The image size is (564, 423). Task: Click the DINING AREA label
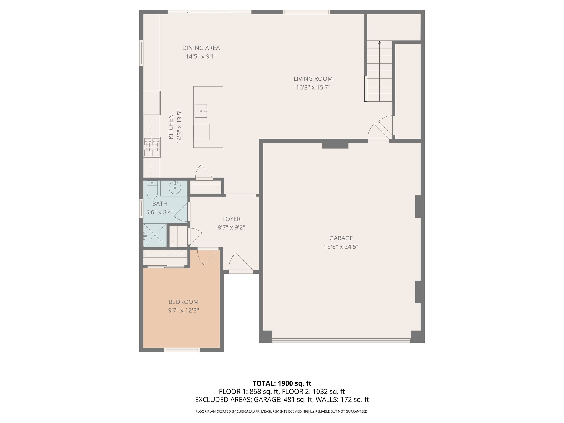(x=201, y=48)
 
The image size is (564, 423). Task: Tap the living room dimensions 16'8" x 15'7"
(x=313, y=88)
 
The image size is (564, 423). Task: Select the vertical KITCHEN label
(x=171, y=127)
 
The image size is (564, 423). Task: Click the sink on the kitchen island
(x=201, y=111)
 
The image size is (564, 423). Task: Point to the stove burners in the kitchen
(x=152, y=147)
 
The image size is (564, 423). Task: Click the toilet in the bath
(x=152, y=190)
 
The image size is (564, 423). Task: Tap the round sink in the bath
(x=175, y=188)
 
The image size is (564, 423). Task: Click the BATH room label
(x=160, y=204)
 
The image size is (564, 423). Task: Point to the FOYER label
(x=231, y=219)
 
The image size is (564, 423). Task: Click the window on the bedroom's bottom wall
(x=182, y=350)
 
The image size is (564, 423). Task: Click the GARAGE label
(x=341, y=238)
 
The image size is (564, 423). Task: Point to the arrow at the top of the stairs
(x=380, y=43)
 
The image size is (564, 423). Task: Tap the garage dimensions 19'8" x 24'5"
(x=341, y=247)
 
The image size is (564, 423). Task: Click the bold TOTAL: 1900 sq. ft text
(x=282, y=383)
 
